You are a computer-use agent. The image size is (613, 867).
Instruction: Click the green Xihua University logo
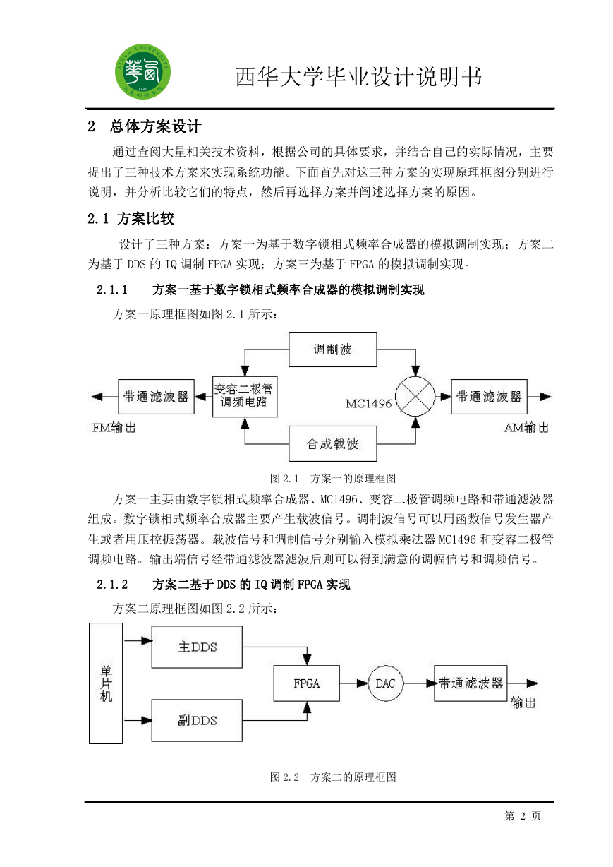(142, 71)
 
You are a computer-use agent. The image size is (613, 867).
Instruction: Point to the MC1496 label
(368, 404)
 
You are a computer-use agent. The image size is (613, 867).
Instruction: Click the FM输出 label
(114, 428)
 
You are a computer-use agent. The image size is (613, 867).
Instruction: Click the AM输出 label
(526, 428)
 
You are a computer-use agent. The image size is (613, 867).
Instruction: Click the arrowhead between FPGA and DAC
(362, 683)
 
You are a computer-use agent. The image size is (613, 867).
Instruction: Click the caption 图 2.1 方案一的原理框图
(333, 479)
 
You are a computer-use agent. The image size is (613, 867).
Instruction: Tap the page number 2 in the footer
(523, 816)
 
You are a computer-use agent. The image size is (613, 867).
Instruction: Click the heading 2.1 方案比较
(131, 219)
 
